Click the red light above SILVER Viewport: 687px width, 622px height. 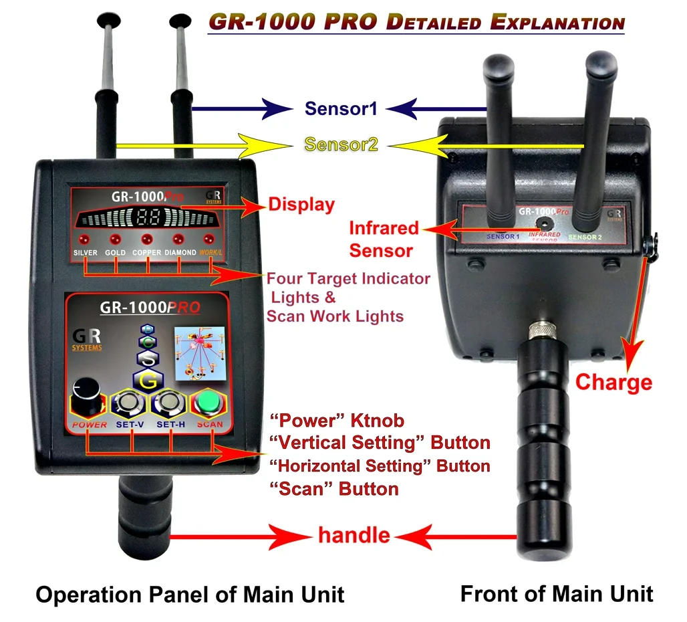coord(85,239)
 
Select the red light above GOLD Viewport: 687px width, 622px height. coord(116,239)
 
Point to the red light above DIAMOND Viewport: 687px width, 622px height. coord(178,239)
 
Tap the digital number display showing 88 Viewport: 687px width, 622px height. coord(148,217)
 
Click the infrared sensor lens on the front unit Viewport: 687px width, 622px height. coord(544,223)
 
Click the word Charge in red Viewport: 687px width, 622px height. coord(613,382)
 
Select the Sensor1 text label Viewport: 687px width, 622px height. coord(341,108)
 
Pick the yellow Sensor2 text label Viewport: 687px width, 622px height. coord(341,144)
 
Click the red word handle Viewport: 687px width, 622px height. coord(354,535)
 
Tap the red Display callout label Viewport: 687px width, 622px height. coord(301,205)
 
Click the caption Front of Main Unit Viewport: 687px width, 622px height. coord(557,593)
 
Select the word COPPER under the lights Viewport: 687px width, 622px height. coord(146,253)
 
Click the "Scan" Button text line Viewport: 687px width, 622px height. coord(333,489)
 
